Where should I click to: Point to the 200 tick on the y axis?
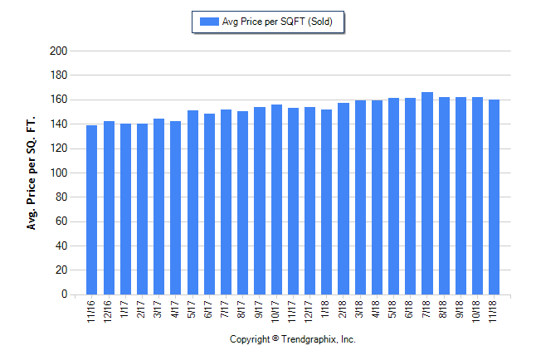coord(58,51)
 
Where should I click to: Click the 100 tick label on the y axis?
coord(58,173)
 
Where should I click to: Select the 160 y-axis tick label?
coord(58,100)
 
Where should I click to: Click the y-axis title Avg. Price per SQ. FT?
coord(32,173)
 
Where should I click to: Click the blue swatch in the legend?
coord(207,22)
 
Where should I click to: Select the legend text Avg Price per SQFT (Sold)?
coord(277,22)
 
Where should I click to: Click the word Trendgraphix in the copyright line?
coord(308,339)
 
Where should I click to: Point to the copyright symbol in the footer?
coord(275,339)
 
